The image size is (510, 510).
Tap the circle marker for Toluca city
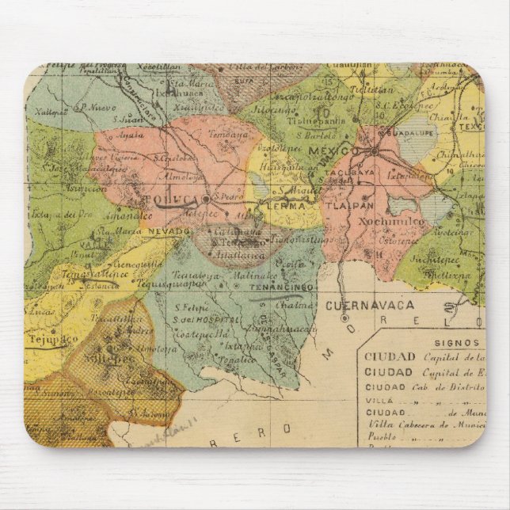pyautogui.click(x=205, y=199)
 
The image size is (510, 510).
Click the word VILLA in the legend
pyautogui.click(x=375, y=401)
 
